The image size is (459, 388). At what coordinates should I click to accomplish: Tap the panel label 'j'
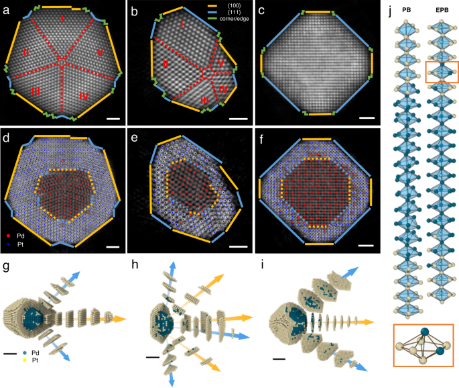click(391, 9)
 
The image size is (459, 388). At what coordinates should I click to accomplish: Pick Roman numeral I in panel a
click(62, 21)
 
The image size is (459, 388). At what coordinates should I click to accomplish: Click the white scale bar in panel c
click(366, 117)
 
